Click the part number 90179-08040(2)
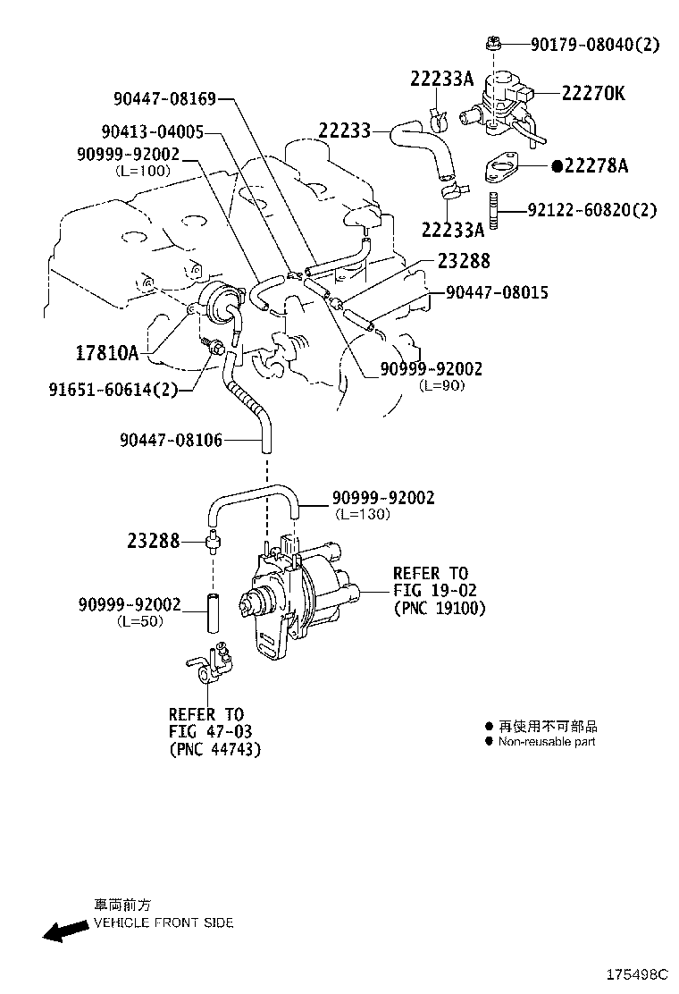pos(594,43)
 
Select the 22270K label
pos(593,92)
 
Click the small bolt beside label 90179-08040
pos(492,42)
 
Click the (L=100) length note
pos(142,170)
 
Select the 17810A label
pos(106,353)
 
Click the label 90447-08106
pos(171,439)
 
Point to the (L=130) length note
pos(365,514)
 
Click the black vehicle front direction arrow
pos(64,932)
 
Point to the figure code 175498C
pos(638,973)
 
